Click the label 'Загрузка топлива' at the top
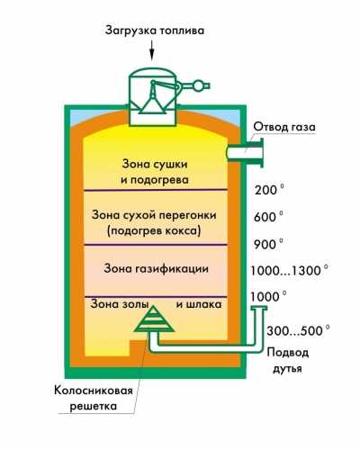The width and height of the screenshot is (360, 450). pyautogui.click(x=155, y=31)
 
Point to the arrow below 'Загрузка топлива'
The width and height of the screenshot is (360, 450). pyautogui.click(x=152, y=50)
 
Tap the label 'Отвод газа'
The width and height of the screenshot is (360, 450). pyautogui.click(x=284, y=127)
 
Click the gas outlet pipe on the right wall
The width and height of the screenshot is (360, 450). pyautogui.click(x=245, y=152)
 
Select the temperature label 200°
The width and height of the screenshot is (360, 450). pyautogui.click(x=269, y=190)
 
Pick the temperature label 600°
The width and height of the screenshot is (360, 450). pyautogui.click(x=268, y=217)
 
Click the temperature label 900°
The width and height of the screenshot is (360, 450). pyautogui.click(x=268, y=244)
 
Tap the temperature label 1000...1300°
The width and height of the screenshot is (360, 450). pyautogui.click(x=289, y=271)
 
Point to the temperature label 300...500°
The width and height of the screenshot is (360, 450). pyautogui.click(x=298, y=331)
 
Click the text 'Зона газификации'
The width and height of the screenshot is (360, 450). pyautogui.click(x=156, y=268)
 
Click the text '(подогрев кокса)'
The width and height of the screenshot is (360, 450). pyautogui.click(x=154, y=231)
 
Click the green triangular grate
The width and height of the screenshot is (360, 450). pyautogui.click(x=154, y=319)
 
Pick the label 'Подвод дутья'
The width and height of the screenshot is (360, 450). pyautogui.click(x=287, y=360)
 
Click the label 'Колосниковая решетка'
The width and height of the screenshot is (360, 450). pyautogui.click(x=94, y=399)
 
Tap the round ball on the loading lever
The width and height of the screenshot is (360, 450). pyautogui.click(x=198, y=85)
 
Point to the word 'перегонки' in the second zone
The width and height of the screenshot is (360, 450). pyautogui.click(x=188, y=215)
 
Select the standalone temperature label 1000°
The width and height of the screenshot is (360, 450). pyautogui.click(x=268, y=297)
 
